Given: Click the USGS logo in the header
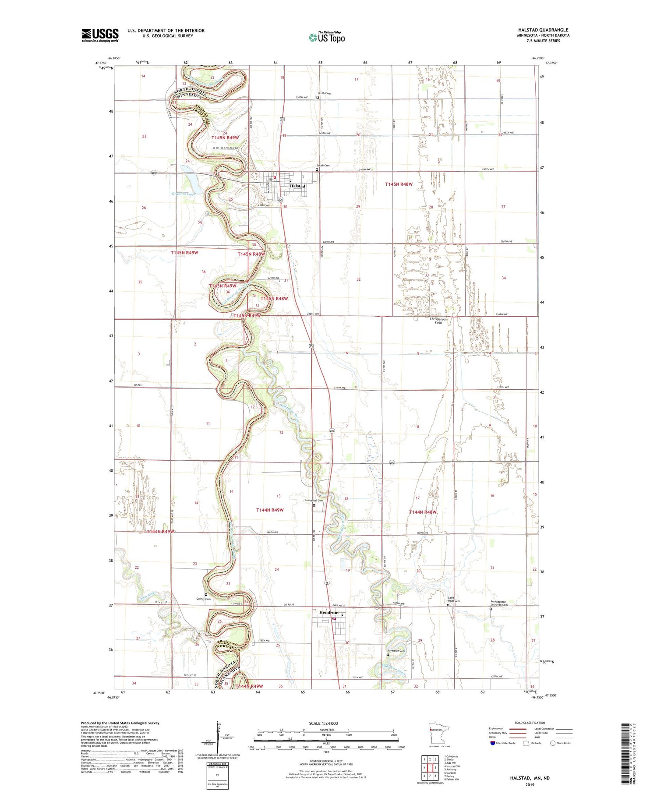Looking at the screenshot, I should coord(100,35).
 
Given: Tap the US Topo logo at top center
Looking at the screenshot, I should coord(326,37).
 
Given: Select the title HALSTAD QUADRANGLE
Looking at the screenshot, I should coord(543,30).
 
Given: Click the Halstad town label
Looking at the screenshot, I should coord(297,186).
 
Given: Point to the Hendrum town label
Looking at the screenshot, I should coord(328,612).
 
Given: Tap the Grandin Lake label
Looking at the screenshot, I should coord(183,193).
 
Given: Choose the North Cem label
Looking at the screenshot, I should coord(325,93).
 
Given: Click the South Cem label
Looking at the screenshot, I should coord(323,165).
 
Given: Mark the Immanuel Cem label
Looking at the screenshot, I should coord(314,501).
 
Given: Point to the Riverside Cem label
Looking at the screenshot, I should coord(396,651).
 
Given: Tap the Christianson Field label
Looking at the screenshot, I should coord(438,321).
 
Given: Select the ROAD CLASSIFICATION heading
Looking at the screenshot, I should coord(530,723).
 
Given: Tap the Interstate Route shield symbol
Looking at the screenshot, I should coord(492,743).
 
